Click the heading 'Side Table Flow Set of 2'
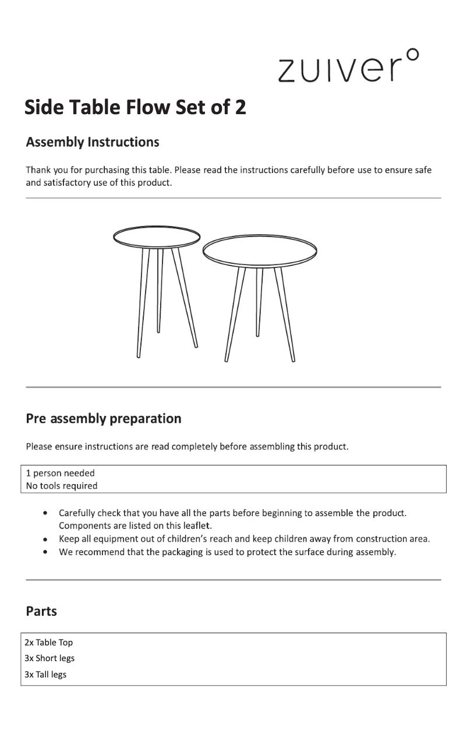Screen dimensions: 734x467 pos(135,107)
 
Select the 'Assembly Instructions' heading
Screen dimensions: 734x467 pos(93,142)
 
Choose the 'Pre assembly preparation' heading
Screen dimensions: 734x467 pos(104,418)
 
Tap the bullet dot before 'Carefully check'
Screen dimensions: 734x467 pos(45,513)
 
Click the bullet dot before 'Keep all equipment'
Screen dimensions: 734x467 pos(45,539)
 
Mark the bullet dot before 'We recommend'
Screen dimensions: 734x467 pos(45,552)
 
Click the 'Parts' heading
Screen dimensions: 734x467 pos(41,611)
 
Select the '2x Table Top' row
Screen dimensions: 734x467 pos(48,643)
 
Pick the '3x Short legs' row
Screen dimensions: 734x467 pos(49,658)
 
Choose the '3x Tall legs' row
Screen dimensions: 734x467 pos(45,675)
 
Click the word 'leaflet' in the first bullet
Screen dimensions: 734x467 pos(183,525)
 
